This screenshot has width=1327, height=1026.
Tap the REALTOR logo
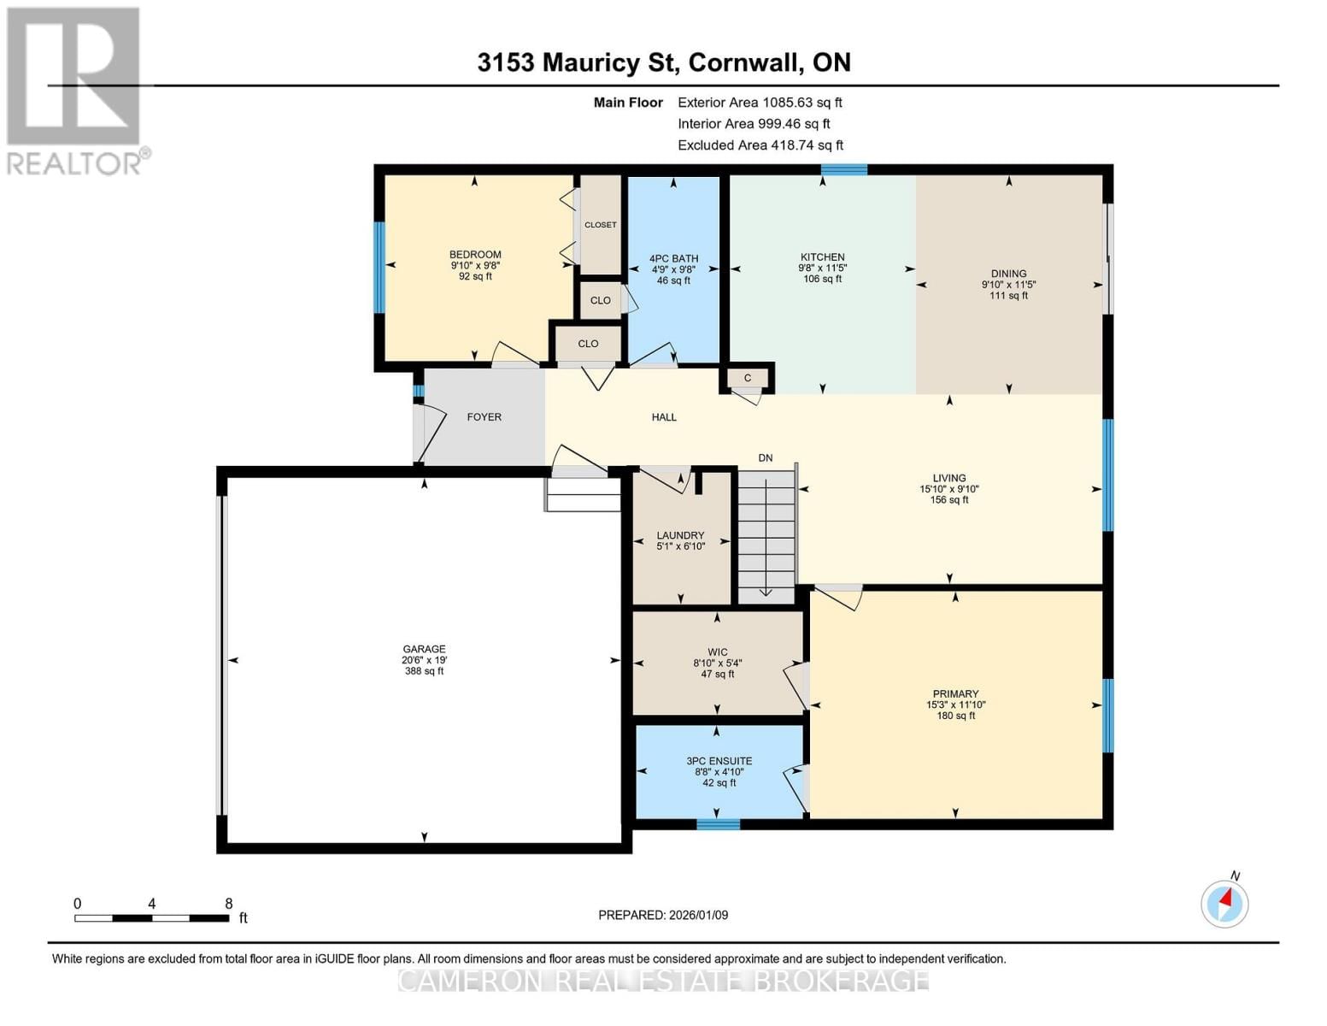(75, 90)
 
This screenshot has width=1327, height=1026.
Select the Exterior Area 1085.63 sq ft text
(760, 103)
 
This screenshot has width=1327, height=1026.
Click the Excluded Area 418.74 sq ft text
(760, 145)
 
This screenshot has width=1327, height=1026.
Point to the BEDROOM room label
(475, 255)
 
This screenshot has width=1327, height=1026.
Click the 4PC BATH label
(673, 258)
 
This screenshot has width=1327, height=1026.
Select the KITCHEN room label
(822, 257)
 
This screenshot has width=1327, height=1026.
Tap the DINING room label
(1008, 274)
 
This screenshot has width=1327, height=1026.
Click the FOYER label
(484, 417)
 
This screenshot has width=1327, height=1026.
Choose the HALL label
(664, 417)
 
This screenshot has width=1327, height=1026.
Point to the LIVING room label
(948, 479)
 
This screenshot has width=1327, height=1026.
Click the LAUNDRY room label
(680, 536)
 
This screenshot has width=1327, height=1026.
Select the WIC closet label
(717, 652)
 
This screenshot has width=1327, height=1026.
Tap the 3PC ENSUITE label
(719, 761)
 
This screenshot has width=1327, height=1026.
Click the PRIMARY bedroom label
(955, 694)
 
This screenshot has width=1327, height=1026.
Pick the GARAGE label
(424, 650)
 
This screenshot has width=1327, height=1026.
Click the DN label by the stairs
(765, 458)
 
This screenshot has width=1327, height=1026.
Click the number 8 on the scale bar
(228, 904)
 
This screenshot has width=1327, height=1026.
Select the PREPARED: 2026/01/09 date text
(663, 915)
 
